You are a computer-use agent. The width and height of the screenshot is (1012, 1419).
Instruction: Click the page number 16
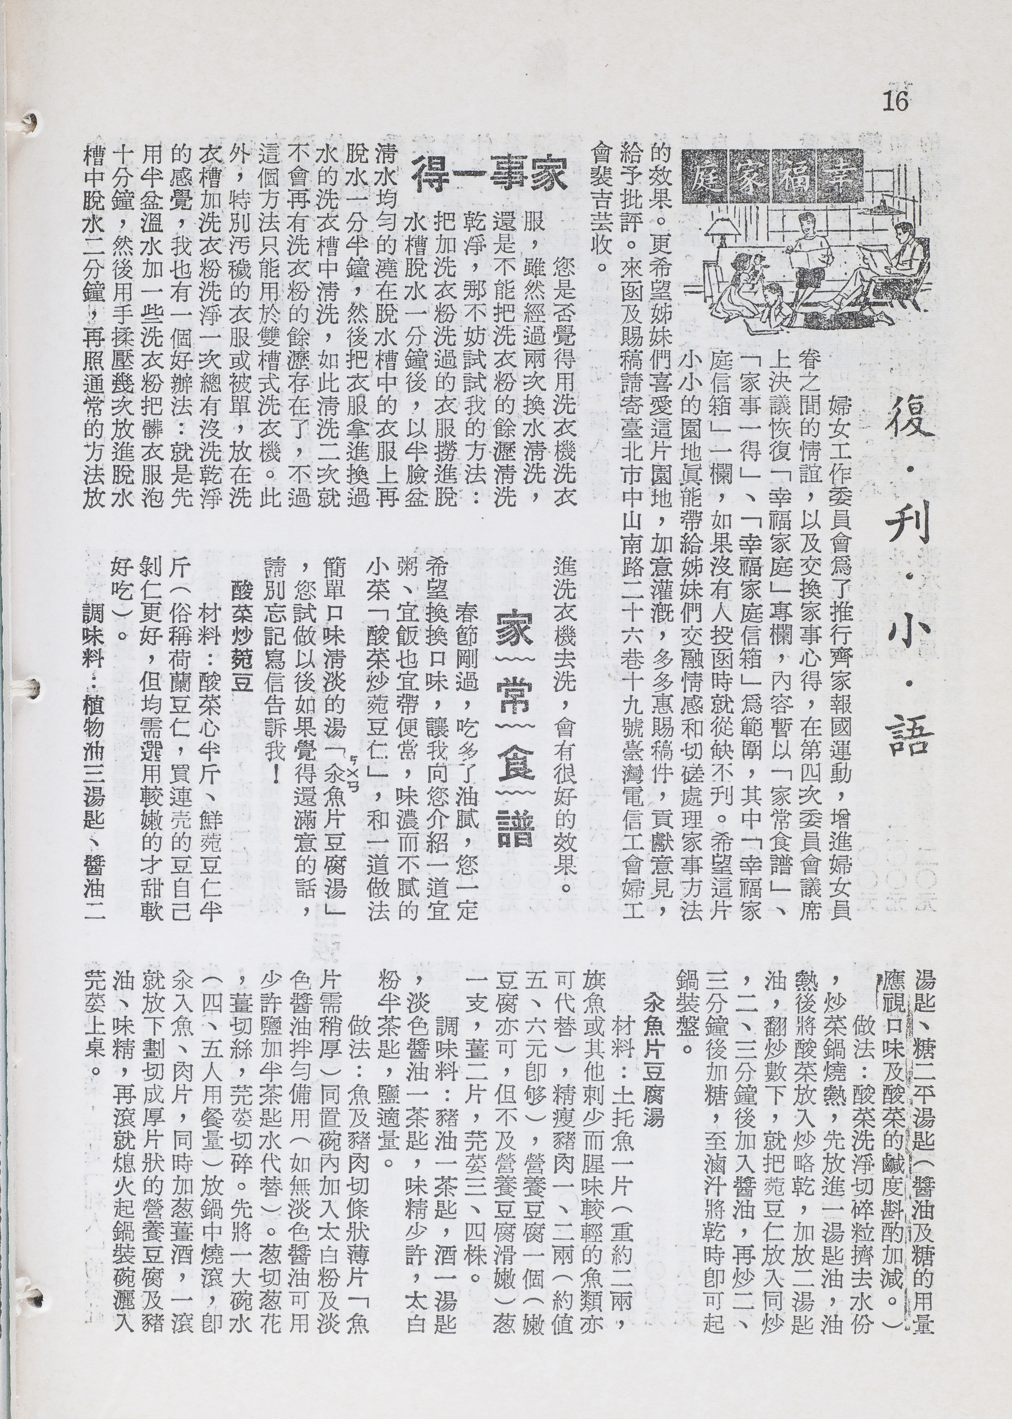[x=896, y=100]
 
